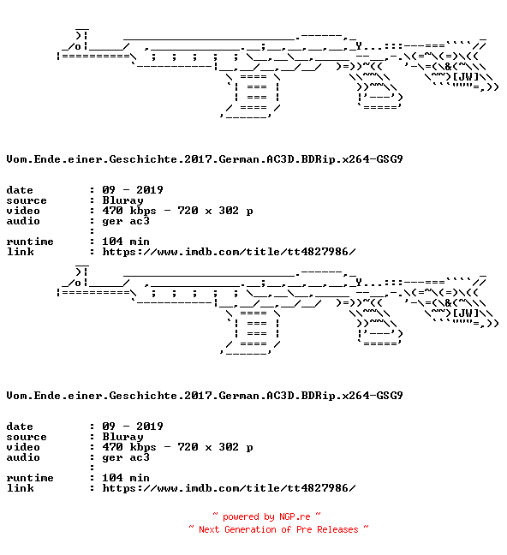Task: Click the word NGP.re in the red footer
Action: coord(295,516)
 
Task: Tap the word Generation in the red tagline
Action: coord(250,529)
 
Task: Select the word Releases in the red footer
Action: coord(337,529)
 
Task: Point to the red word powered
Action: coord(241,517)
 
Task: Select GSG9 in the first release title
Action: coord(390,159)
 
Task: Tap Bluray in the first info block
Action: coord(122,200)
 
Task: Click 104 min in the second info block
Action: coord(126,478)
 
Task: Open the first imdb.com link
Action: coord(229,252)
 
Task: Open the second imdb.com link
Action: coord(229,488)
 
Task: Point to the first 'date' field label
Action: coord(20,190)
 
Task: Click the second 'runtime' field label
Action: coord(30,478)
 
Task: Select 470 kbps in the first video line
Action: coord(129,211)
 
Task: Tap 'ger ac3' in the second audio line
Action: coord(126,458)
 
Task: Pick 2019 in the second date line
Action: coord(150,427)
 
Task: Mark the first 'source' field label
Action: coord(27,201)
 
